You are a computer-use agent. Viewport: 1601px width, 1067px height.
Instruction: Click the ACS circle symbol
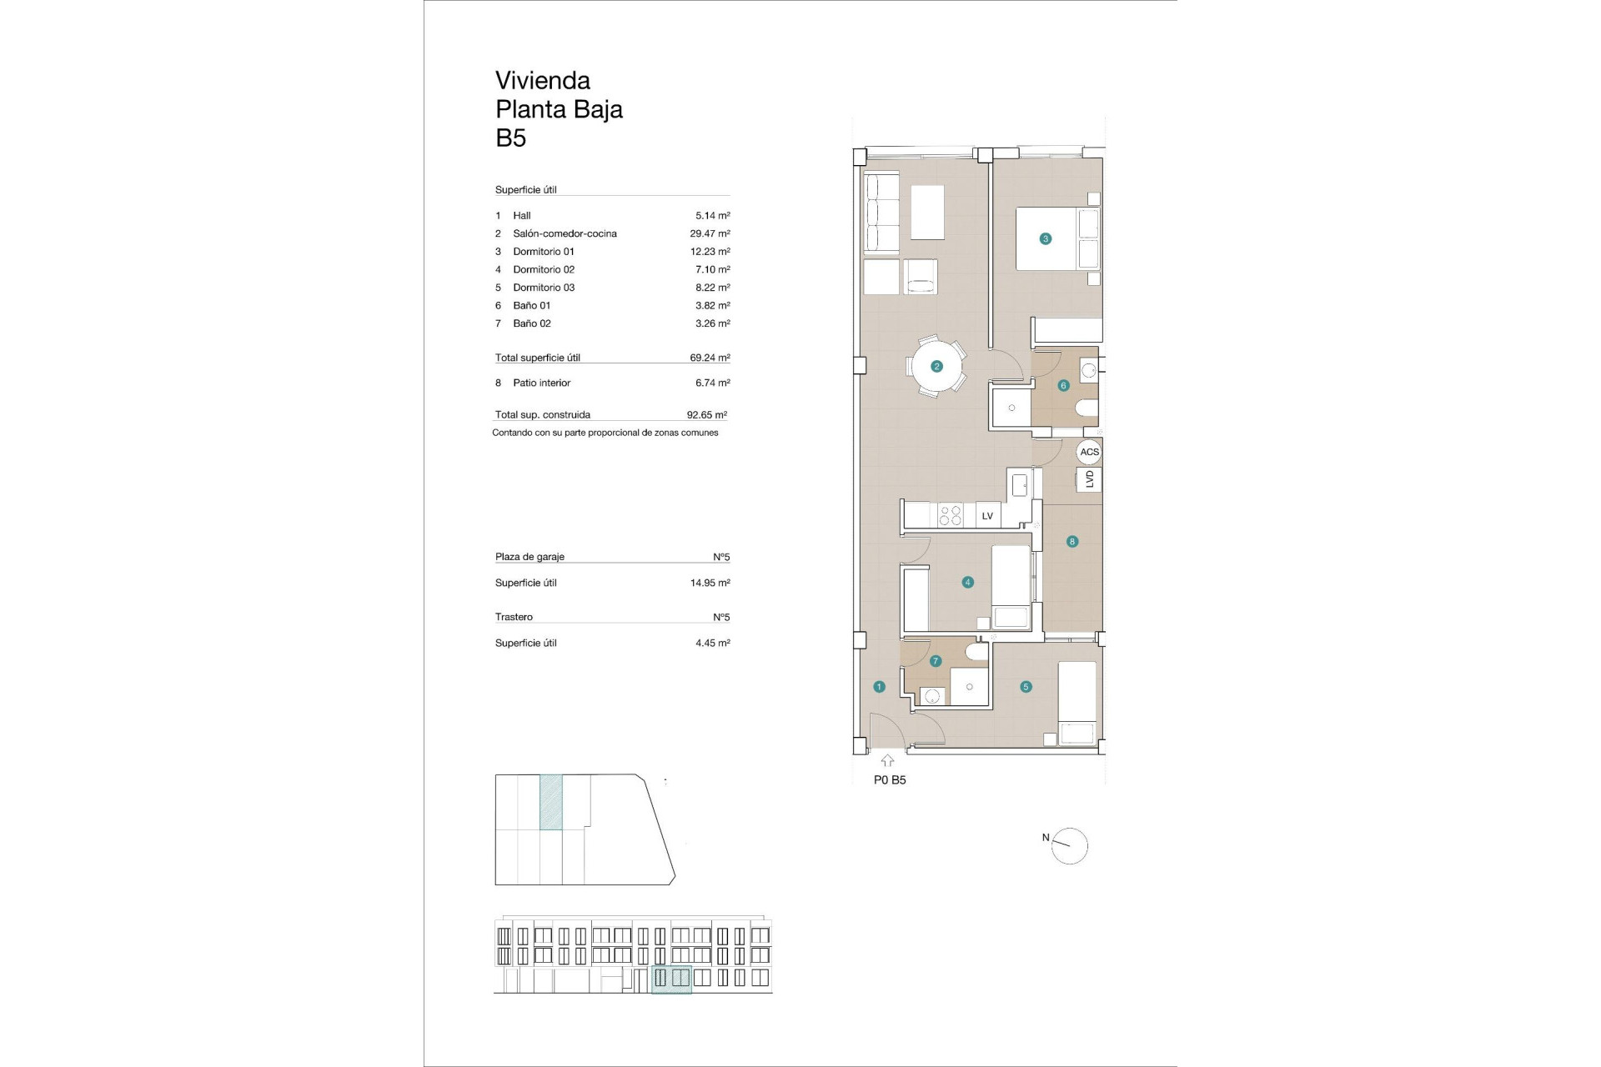[x=1089, y=452]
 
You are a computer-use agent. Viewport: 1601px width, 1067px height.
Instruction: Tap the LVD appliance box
[x=1089, y=479]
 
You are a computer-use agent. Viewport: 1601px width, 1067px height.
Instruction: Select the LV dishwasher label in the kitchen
[x=987, y=516]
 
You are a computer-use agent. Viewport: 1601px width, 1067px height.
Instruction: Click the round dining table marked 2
[x=936, y=366]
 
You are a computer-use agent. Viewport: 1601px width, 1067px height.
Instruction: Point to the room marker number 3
[x=1045, y=238]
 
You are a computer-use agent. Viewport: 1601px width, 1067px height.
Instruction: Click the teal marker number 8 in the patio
[x=1072, y=541]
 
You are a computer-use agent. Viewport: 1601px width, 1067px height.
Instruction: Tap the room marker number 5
[x=1026, y=687]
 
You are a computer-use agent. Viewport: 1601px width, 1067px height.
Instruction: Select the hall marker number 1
[x=879, y=687]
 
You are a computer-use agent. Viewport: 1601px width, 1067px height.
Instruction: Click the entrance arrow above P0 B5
[x=887, y=760]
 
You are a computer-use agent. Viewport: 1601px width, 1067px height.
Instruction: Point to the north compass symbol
[x=1070, y=846]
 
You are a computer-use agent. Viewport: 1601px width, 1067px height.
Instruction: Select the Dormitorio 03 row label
[x=544, y=288]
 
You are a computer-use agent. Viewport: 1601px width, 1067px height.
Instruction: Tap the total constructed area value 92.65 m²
[x=706, y=414]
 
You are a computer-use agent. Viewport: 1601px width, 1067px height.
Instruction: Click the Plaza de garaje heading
[x=529, y=557]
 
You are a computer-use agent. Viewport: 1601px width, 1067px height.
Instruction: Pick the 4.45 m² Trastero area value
[x=712, y=643]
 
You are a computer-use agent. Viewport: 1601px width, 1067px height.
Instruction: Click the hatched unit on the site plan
[x=550, y=802]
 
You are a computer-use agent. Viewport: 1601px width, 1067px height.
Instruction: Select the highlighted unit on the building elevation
[x=671, y=979]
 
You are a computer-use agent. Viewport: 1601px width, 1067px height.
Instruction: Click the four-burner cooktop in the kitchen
[x=951, y=515]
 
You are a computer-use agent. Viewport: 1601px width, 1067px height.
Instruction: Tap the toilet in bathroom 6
[x=1087, y=408]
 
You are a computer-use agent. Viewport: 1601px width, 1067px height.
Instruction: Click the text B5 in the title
[x=510, y=138]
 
